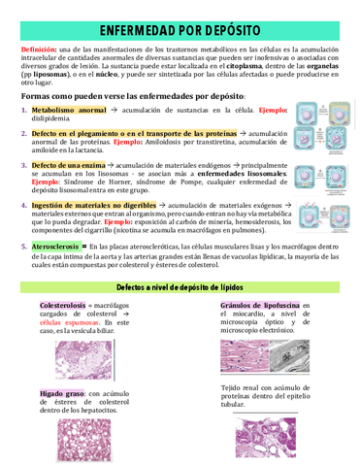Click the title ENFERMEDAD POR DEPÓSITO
180,31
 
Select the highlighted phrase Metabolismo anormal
68,112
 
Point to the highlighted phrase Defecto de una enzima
69,165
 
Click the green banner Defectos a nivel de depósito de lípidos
180,288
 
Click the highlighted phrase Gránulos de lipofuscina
260,305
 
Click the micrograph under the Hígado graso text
84,438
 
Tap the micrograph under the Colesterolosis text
84,358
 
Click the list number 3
24,166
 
